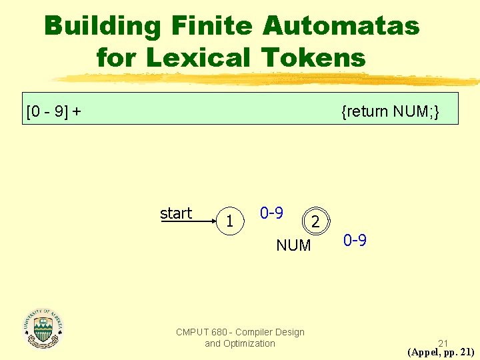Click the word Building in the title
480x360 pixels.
pyautogui.click(x=103, y=27)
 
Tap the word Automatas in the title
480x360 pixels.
pyautogui.click(x=341, y=27)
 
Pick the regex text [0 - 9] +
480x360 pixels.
pyautogui.click(x=53, y=111)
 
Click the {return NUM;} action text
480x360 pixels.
pyautogui.click(x=389, y=111)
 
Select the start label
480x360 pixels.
pyautogui.click(x=176, y=213)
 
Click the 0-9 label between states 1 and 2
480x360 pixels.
pyautogui.click(x=271, y=213)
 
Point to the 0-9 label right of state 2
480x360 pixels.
pyautogui.click(x=355, y=240)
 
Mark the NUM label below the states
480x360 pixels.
pyautogui.click(x=293, y=245)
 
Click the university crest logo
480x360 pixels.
pyautogui.click(x=43, y=328)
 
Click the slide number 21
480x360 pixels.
pyautogui.click(x=443, y=343)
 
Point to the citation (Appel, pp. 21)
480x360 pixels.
pyautogui.click(x=441, y=353)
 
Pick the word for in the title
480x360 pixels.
pyautogui.click(x=118, y=57)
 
